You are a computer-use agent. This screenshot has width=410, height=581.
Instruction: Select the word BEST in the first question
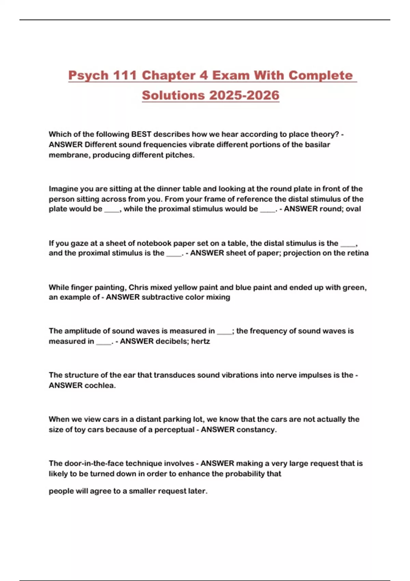(x=141, y=134)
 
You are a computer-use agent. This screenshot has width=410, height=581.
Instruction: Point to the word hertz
(x=201, y=341)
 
